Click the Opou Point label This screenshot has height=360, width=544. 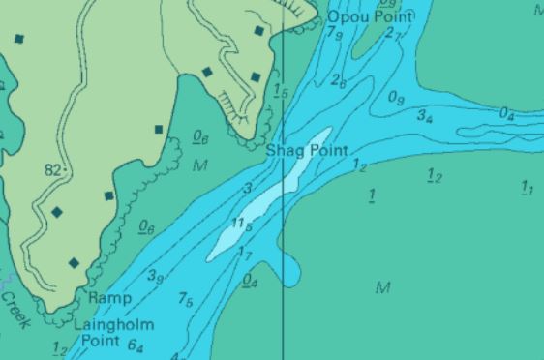pos(370,16)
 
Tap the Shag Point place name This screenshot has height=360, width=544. pos(307,151)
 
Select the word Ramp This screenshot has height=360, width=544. pos(109,298)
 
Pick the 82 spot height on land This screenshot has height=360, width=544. pos(52,169)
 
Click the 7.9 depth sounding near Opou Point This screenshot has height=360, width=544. pos(335,35)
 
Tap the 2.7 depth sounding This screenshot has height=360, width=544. pos(392,34)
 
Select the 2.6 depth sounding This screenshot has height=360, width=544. pos(338,80)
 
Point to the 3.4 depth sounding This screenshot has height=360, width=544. pos(424,116)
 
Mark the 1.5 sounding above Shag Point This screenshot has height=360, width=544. pos(281,91)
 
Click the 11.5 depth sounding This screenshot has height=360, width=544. pos(242,225)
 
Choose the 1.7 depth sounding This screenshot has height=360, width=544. pos(245,254)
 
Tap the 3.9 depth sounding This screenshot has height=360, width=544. pos(155,277)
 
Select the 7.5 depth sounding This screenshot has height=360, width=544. pos(185,300)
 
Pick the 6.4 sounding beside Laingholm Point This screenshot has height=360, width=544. pos(136,346)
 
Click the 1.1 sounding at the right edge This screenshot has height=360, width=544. pos(527,188)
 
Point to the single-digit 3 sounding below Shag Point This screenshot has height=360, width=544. pos(248,188)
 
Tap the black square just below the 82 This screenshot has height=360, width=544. pos(56,211)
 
